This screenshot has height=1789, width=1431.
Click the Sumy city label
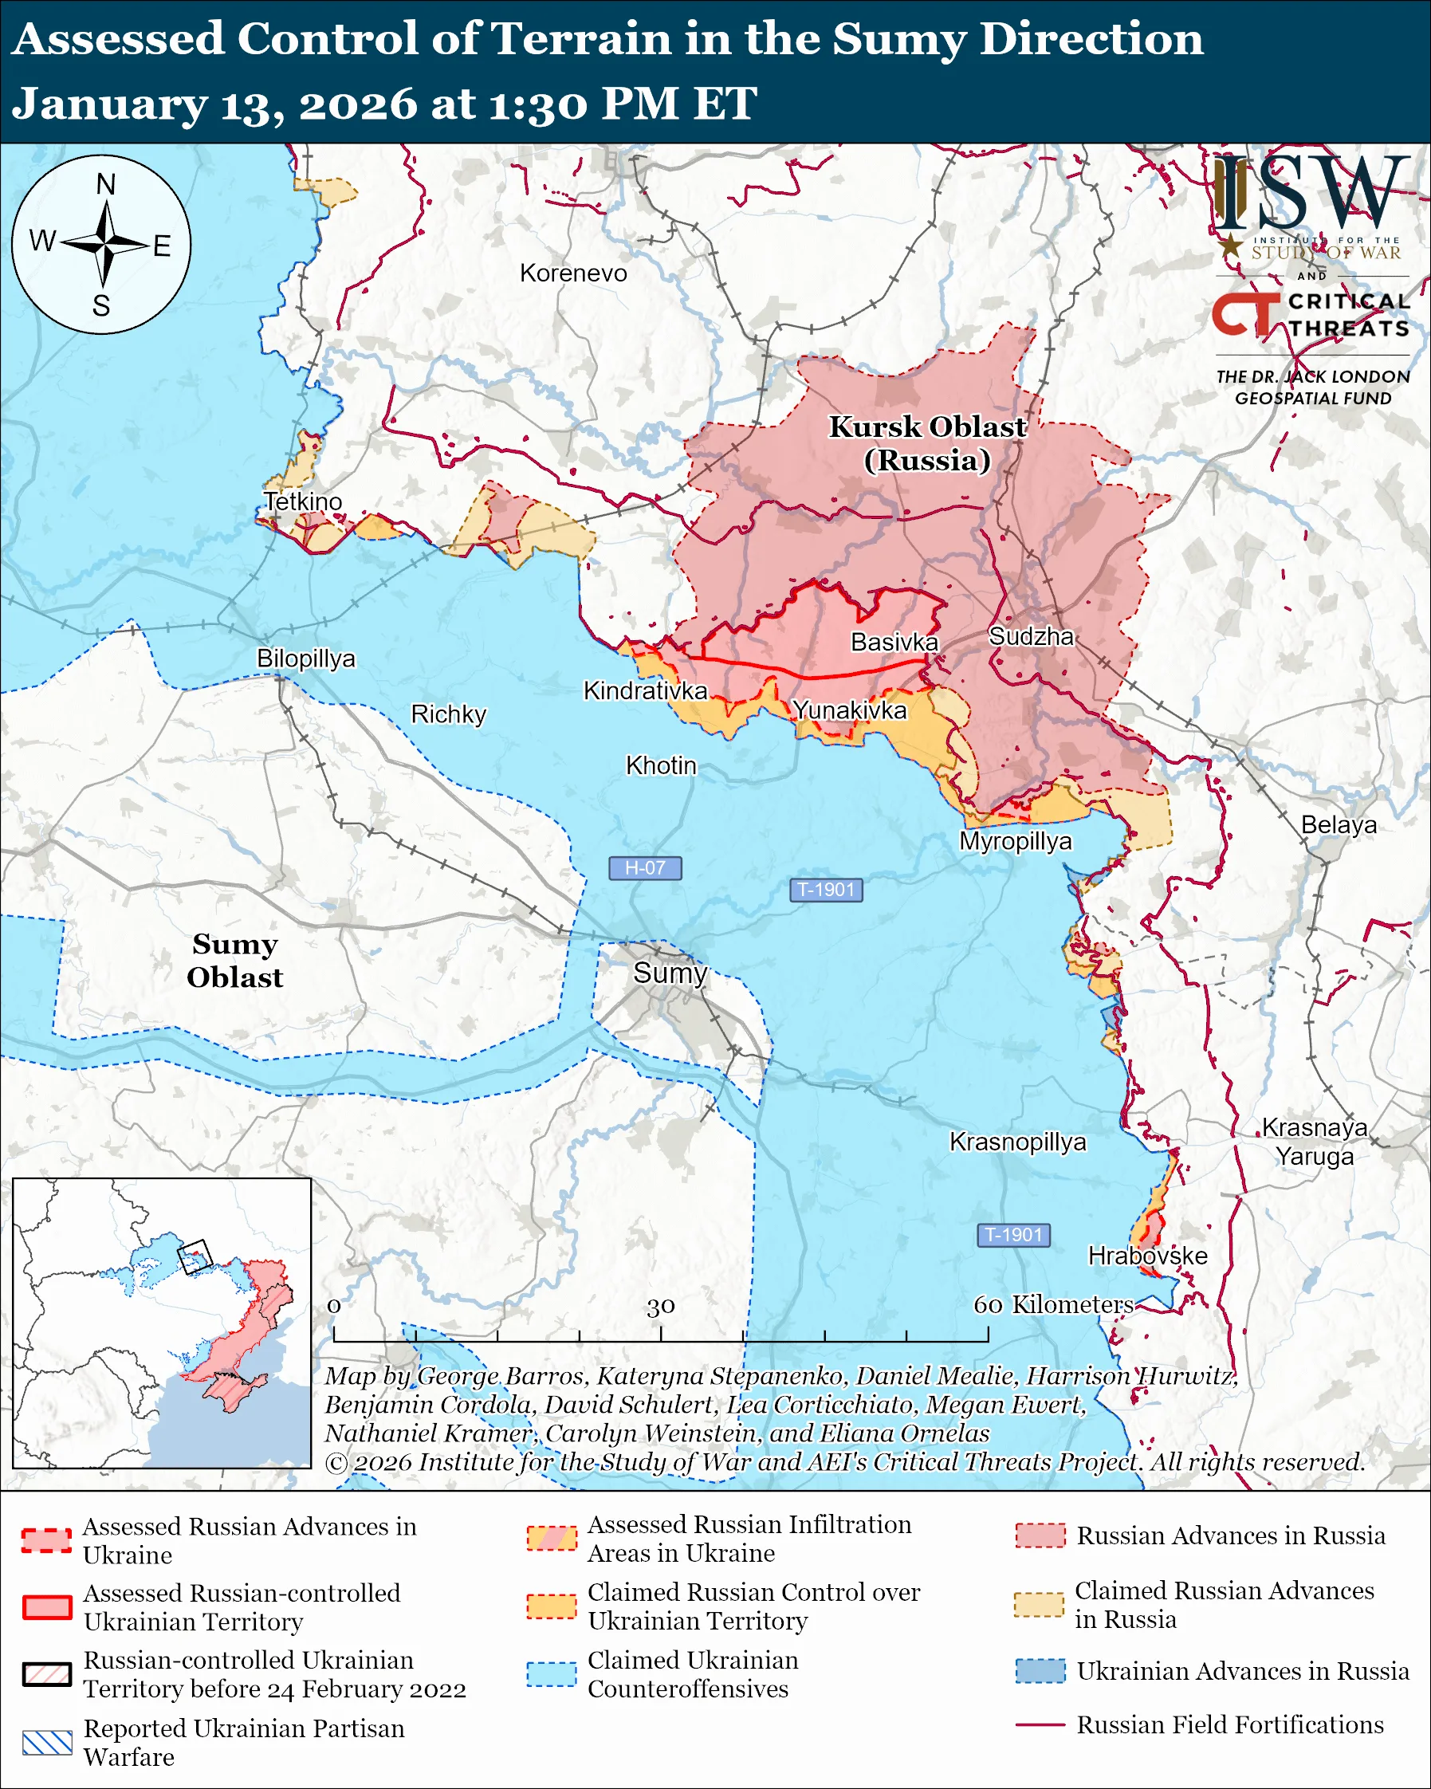click(670, 973)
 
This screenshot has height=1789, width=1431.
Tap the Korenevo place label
click(573, 273)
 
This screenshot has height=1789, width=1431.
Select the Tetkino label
click(303, 501)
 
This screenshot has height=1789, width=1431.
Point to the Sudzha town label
click(1031, 636)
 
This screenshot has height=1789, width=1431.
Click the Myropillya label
click(1016, 841)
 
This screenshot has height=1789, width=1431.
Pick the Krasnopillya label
click(1018, 1142)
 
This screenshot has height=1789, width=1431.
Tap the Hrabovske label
click(1147, 1256)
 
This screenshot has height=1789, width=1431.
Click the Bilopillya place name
click(305, 658)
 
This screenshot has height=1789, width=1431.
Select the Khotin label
click(660, 765)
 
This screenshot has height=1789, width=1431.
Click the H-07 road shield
click(645, 868)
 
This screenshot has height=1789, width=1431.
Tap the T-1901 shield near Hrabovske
click(1014, 1235)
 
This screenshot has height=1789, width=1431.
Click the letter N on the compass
click(105, 184)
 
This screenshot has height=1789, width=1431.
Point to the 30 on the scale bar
click(660, 1307)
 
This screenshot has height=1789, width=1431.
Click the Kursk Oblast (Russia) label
click(927, 443)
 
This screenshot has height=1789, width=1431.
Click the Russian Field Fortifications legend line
click(1040, 1725)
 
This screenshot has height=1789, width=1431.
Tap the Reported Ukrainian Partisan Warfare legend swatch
click(47, 1743)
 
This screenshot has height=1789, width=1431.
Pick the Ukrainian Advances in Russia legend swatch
click(1040, 1671)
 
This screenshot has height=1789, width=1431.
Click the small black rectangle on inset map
click(195, 1256)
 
